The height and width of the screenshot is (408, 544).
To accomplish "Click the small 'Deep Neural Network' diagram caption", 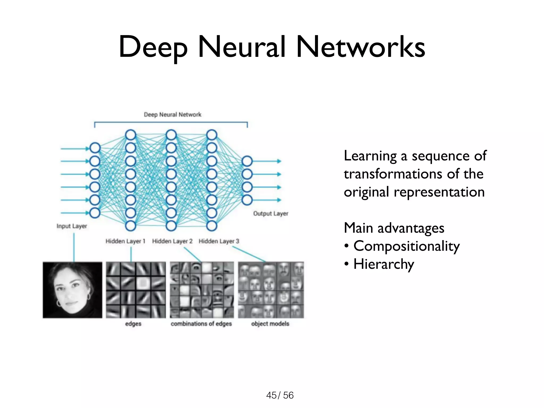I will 173,114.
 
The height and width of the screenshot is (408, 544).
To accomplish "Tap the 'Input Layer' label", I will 72,226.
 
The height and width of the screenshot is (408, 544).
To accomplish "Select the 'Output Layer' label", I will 270,214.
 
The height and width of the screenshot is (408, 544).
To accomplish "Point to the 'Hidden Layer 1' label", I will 125,241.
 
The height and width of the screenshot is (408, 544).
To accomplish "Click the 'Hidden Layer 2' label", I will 172,241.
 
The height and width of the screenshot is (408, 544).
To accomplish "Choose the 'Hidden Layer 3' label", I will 219,241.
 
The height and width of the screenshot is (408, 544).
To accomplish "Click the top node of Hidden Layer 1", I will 131,135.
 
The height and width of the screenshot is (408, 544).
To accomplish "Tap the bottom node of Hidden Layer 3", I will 212,226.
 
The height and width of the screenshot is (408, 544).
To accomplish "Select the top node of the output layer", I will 247,161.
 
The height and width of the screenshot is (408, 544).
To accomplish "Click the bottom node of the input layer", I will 95,213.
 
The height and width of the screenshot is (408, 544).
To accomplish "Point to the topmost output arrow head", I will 279,161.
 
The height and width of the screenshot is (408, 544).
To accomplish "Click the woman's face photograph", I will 72,290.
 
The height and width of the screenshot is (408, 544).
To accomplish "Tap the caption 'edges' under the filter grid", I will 133,324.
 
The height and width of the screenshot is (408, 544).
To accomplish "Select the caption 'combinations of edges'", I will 201,324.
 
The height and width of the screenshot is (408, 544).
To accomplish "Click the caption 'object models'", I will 270,324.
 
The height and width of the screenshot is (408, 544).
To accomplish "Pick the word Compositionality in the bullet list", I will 406,246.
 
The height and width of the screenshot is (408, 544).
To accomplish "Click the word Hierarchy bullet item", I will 384,264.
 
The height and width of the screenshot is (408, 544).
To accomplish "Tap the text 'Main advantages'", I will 394,228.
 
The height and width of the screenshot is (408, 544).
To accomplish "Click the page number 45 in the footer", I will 271,395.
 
